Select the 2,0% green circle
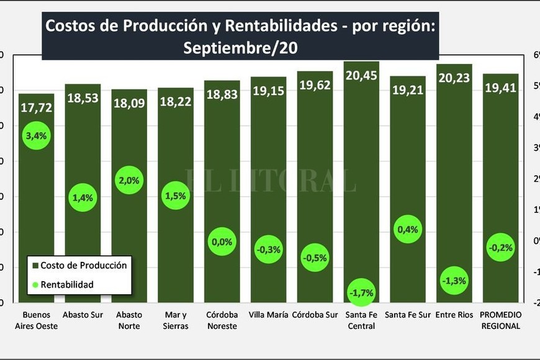point(130,180)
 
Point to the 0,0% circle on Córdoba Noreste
point(222,241)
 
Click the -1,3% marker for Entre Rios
point(454,281)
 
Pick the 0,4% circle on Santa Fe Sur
point(408,229)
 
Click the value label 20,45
point(361,75)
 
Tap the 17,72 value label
point(36,107)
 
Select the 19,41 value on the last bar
point(500,88)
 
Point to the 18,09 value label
point(130,102)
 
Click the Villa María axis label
point(268,315)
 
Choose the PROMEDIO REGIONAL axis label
point(500,320)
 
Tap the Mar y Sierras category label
point(176,320)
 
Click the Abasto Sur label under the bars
point(83,315)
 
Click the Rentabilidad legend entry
point(66,284)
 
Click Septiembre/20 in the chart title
point(241,48)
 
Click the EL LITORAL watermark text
point(271,180)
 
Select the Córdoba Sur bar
point(315,186)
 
